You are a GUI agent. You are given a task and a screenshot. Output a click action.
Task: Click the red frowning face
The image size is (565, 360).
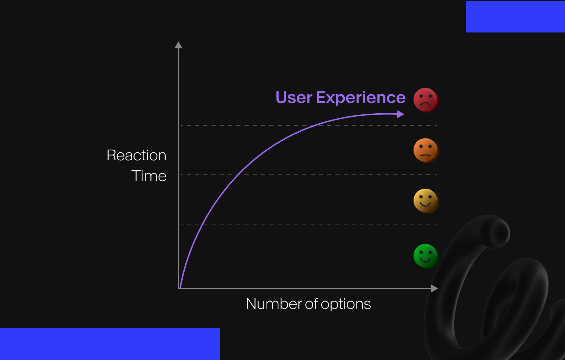[x=426, y=100]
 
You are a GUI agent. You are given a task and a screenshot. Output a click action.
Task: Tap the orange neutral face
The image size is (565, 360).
[x=426, y=150]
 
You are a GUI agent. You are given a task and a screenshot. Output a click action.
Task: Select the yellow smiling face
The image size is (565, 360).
[x=426, y=201]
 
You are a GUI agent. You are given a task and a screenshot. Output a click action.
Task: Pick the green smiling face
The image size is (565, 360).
[x=426, y=256]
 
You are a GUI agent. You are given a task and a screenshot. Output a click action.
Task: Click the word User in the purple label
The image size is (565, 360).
[x=294, y=98]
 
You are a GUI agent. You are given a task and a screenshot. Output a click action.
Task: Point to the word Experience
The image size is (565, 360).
[x=361, y=98]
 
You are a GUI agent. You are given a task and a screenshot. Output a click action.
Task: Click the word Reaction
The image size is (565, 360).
[x=137, y=155]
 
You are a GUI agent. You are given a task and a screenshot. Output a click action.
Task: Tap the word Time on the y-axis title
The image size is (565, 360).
[x=149, y=176]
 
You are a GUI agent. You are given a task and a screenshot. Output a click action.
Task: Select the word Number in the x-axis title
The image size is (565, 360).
[x=274, y=304]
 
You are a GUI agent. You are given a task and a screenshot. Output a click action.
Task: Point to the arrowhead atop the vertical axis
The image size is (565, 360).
[x=178, y=45]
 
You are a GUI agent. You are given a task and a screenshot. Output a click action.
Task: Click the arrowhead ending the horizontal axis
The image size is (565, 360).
[x=435, y=288]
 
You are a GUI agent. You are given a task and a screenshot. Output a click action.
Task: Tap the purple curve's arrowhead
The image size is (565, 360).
[x=400, y=114]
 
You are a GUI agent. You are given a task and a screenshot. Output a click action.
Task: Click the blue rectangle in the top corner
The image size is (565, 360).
[x=515, y=17]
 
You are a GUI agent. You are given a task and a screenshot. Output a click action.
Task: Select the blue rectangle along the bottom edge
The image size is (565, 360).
[x=110, y=344]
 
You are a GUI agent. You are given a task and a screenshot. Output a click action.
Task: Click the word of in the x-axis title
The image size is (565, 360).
[x=312, y=304]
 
